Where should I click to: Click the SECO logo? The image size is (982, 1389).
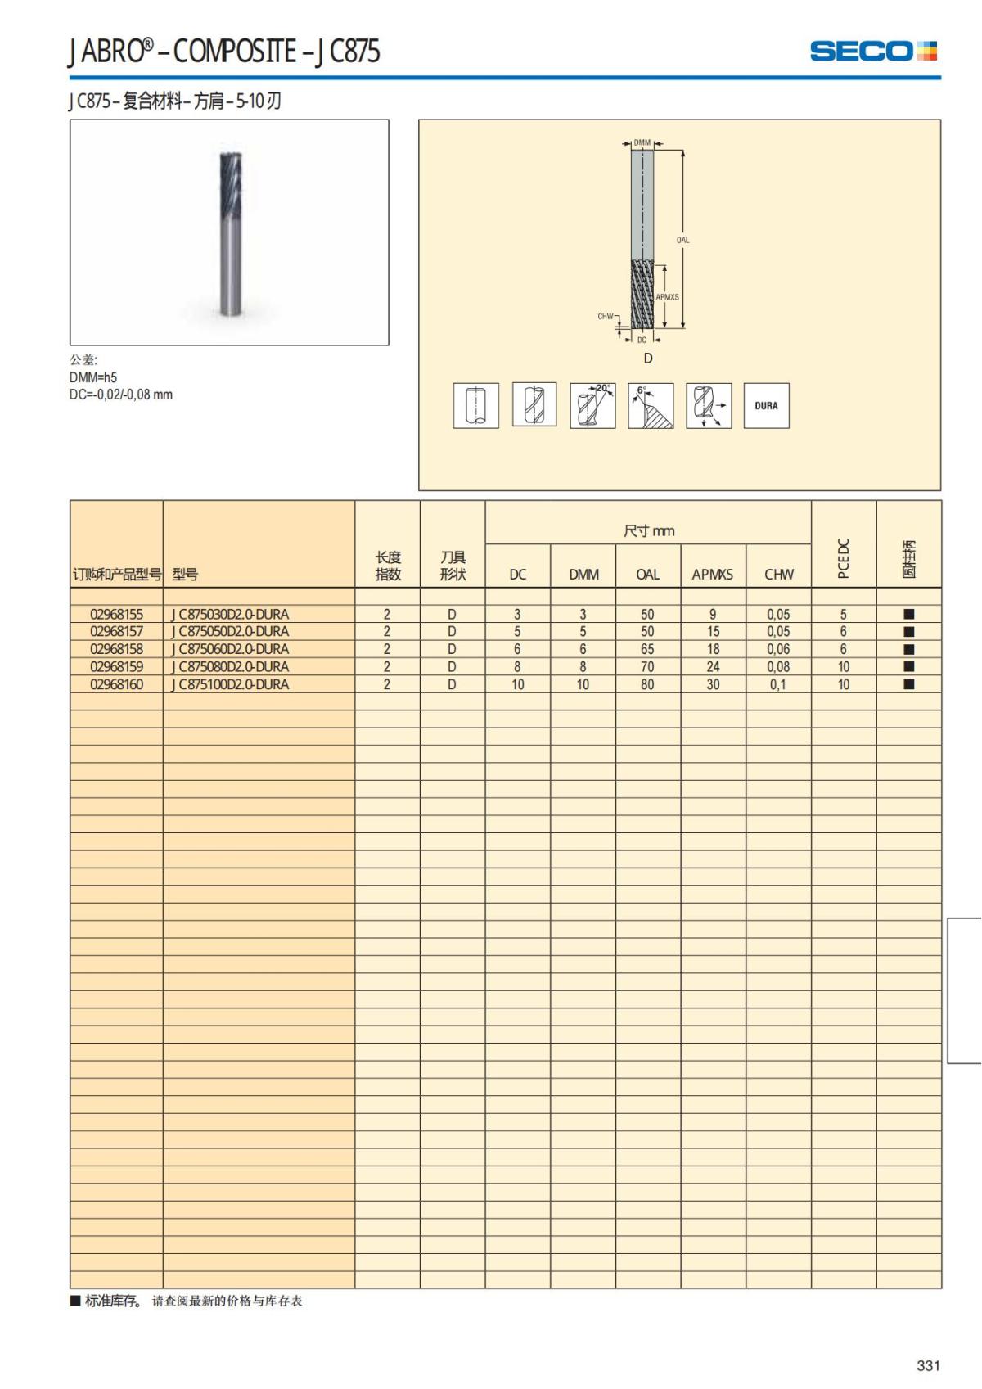coord(872,51)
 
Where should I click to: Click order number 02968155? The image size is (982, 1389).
coord(116,614)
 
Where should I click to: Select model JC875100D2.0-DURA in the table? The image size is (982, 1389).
coord(231,684)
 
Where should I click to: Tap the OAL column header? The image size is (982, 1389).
coord(647,575)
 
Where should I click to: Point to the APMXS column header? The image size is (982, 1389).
coord(712,575)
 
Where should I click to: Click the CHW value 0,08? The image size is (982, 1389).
coord(778,667)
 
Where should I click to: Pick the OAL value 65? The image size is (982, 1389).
coord(647,649)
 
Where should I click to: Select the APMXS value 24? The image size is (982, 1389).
coord(713,667)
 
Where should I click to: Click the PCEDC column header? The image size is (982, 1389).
coord(844,558)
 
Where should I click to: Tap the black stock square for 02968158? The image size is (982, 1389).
coord(908,649)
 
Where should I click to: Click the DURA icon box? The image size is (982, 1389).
coord(766,405)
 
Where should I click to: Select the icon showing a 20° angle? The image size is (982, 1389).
coord(592,405)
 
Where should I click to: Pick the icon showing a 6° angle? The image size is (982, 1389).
coord(651,405)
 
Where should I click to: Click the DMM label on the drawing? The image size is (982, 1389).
coord(642,143)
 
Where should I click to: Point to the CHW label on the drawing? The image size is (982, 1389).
coord(605,316)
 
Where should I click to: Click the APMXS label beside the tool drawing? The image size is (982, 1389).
coord(667,297)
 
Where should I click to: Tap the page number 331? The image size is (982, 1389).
coord(928,1365)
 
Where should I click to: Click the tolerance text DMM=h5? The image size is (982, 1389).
coord(93,377)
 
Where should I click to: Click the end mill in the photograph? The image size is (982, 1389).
coord(230,233)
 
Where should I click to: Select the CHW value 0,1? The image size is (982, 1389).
coord(778,684)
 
